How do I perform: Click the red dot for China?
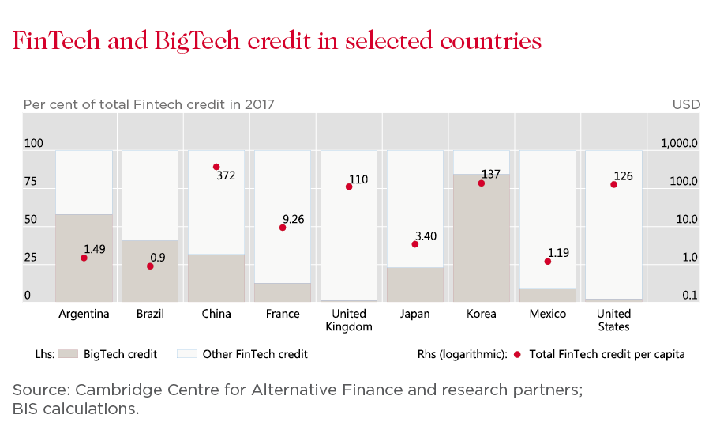tap(216, 167)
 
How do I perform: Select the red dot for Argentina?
tap(84, 258)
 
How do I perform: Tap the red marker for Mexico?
tap(548, 262)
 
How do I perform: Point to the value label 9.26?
tap(293, 219)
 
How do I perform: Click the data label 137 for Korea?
tap(491, 174)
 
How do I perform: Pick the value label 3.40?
tap(426, 236)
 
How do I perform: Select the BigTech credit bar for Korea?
tap(482, 237)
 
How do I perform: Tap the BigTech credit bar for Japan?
tap(415, 285)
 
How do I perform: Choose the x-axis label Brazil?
tap(150, 314)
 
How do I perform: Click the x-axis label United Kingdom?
tap(349, 320)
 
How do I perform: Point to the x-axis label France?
tap(283, 314)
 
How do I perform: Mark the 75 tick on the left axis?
tap(31, 182)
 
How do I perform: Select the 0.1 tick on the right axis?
tap(689, 296)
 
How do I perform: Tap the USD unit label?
tap(684, 104)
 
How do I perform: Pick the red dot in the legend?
tap(517, 354)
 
